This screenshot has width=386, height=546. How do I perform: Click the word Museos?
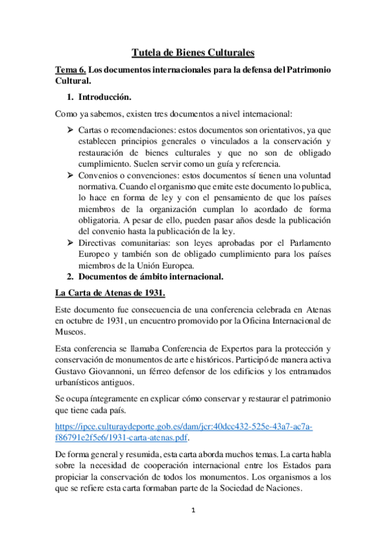click(x=70, y=332)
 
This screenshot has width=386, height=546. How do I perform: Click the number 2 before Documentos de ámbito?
click(x=70, y=277)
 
